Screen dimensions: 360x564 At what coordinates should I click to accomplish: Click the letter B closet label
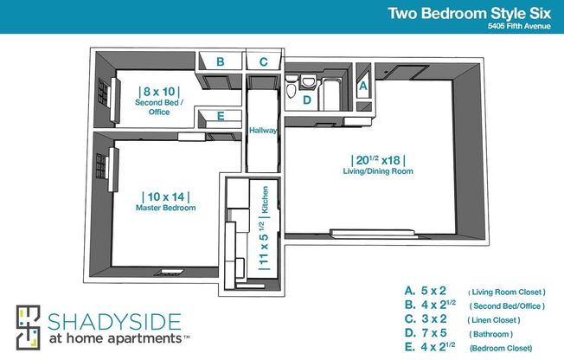click(221, 62)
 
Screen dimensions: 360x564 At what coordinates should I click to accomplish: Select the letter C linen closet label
click(264, 62)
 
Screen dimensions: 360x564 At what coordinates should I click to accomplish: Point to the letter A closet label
click(363, 87)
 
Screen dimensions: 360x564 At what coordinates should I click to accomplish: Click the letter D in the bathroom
click(306, 100)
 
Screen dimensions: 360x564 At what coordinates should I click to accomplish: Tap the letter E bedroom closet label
click(221, 116)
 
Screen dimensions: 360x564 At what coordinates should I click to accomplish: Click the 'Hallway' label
click(262, 131)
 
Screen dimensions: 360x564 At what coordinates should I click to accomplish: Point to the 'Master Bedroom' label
click(165, 209)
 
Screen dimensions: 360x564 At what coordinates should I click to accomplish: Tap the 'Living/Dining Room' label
click(377, 171)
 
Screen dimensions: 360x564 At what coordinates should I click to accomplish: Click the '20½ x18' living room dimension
click(378, 159)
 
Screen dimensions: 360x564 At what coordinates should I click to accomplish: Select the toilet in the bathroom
click(292, 87)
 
